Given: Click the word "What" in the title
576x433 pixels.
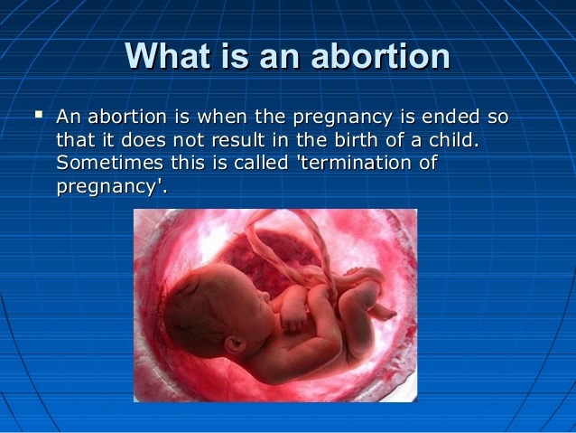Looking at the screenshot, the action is pyautogui.click(x=168, y=55).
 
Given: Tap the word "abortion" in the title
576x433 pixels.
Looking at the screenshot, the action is pyautogui.click(x=380, y=55).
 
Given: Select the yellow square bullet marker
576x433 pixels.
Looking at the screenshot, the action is pyautogui.click(x=39, y=114).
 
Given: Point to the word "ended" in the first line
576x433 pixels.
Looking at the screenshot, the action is pyautogui.click(x=451, y=117).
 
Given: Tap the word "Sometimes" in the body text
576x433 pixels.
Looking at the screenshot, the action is pyautogui.click(x=109, y=163).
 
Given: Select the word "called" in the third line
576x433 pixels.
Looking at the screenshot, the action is pyautogui.click(x=261, y=163).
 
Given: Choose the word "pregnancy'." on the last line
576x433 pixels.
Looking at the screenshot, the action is pyautogui.click(x=112, y=187).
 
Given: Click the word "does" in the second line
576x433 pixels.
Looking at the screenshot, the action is pyautogui.click(x=144, y=140).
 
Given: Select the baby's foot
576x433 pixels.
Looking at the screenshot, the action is pyautogui.click(x=383, y=313).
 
